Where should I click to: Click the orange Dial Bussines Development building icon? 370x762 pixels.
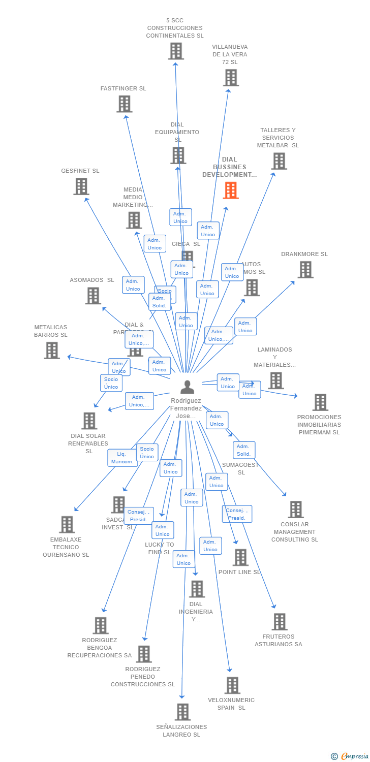(x=231, y=190)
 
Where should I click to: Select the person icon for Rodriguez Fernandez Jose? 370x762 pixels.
(x=187, y=387)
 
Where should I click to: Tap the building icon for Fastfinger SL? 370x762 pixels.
(x=124, y=104)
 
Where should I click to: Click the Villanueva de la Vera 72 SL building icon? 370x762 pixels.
(x=231, y=78)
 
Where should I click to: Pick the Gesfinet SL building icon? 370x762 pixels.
(x=81, y=186)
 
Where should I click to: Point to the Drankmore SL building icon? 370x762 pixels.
(x=305, y=270)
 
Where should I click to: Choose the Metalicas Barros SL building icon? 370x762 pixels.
(x=52, y=351)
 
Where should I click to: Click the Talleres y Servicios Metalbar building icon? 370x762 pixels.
(x=279, y=161)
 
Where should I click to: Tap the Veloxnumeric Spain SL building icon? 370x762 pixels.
(x=232, y=685)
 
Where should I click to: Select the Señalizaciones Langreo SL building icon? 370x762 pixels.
(x=182, y=712)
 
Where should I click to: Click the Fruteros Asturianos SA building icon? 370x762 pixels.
(x=279, y=622)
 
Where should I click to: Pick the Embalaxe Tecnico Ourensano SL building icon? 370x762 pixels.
(x=67, y=525)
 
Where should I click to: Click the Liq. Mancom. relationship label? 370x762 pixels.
(x=122, y=458)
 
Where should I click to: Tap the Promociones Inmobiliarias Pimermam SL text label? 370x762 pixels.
(x=319, y=425)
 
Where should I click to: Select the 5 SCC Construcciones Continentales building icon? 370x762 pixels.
(x=175, y=51)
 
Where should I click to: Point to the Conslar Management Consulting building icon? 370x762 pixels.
(x=295, y=510)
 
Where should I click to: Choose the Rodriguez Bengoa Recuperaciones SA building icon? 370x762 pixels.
(x=101, y=625)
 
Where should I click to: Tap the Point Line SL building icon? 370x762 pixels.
(x=240, y=557)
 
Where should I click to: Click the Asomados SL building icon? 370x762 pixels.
(x=93, y=296)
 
